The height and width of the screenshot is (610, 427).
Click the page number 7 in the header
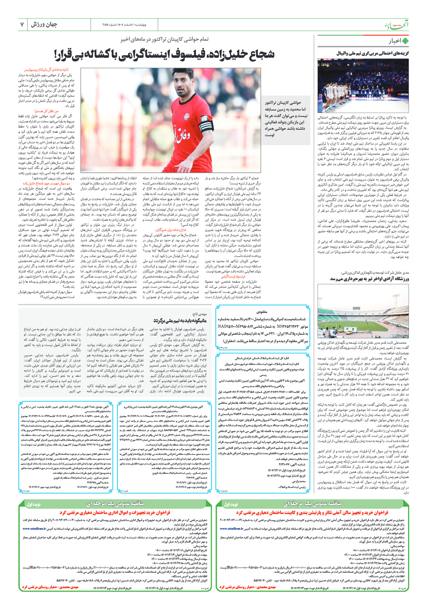pos(22,24)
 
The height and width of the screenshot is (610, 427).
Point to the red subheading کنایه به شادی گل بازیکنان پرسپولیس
pos(46,69)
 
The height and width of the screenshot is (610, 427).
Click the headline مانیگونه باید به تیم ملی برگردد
pos(180,321)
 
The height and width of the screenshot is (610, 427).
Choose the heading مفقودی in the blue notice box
pos(262,312)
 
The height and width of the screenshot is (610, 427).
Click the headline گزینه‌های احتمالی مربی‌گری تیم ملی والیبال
pos(372,53)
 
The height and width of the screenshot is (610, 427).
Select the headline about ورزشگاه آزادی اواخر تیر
pos(369,279)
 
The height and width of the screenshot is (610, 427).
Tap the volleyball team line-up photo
pos(363,85)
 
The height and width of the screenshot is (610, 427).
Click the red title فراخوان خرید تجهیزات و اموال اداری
pos(115,513)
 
